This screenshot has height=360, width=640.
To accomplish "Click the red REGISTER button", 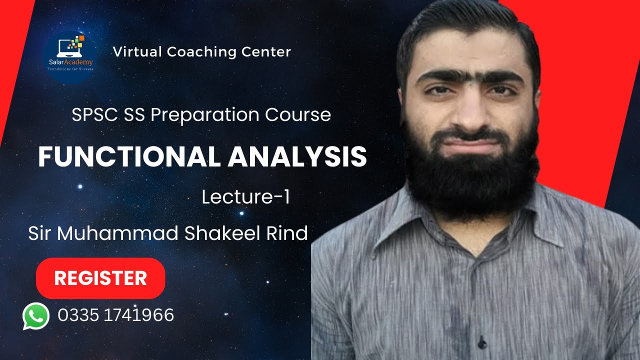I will (100, 278).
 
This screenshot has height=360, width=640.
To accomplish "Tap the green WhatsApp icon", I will (36, 316).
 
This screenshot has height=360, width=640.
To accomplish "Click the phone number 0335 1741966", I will (115, 315).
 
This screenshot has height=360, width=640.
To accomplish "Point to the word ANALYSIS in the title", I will (297, 157).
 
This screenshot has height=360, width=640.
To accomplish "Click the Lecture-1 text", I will (246, 197).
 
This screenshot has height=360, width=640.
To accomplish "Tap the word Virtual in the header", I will (137, 51).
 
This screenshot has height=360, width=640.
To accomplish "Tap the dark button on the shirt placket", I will (482, 344).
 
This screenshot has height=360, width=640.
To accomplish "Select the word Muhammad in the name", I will (119, 233).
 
